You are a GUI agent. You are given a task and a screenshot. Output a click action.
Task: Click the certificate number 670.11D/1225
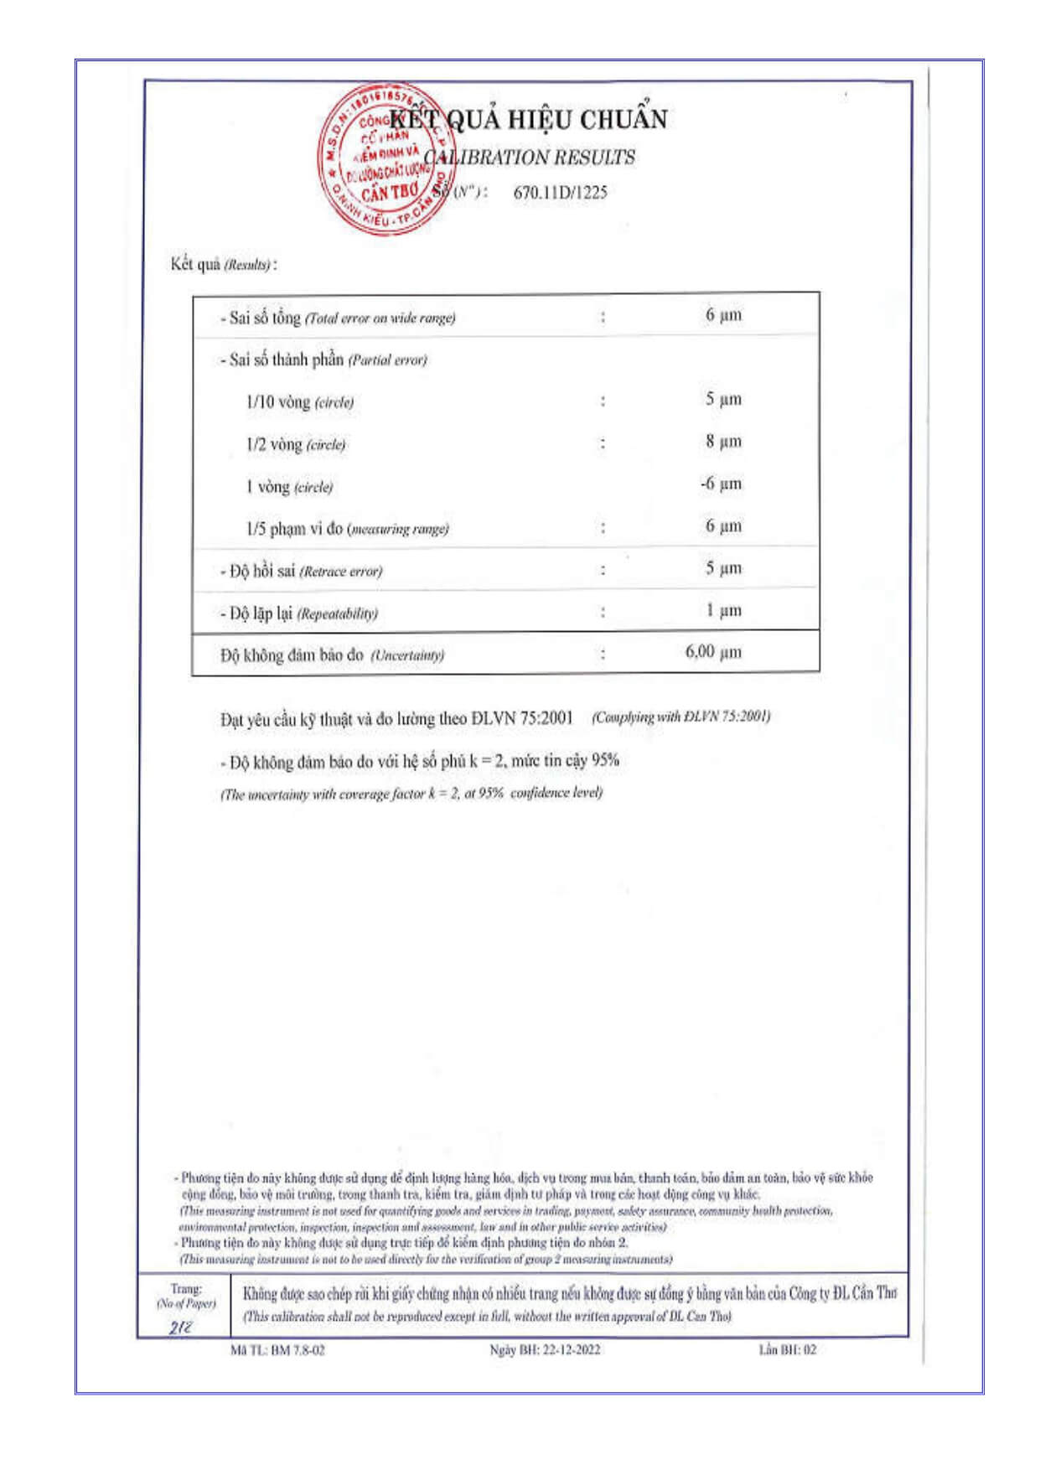(x=560, y=192)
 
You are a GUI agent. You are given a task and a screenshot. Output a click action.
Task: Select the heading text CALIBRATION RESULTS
(x=529, y=158)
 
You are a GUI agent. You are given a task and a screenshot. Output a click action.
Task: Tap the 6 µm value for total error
(x=722, y=315)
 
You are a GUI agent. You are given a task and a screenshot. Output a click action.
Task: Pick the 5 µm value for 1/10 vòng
(x=722, y=399)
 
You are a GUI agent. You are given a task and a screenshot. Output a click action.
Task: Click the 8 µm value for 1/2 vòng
(x=722, y=441)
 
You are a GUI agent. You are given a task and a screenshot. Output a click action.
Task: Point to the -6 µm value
(x=721, y=484)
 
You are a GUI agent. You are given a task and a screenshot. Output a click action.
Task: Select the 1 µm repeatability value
(x=723, y=610)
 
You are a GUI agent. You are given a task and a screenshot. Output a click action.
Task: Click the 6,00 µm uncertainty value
(x=713, y=652)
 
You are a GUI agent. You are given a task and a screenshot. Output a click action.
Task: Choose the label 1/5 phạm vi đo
(x=294, y=529)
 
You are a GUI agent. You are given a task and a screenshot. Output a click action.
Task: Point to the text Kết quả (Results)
(x=223, y=264)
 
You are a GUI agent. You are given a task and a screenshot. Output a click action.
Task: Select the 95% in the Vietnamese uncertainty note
(x=605, y=760)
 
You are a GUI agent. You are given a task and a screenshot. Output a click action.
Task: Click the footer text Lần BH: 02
(x=787, y=1349)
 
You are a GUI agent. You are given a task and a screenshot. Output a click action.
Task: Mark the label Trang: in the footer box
(x=185, y=1289)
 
